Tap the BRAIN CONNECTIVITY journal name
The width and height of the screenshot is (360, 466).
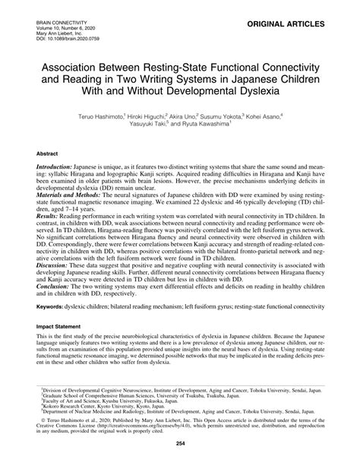59,24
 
